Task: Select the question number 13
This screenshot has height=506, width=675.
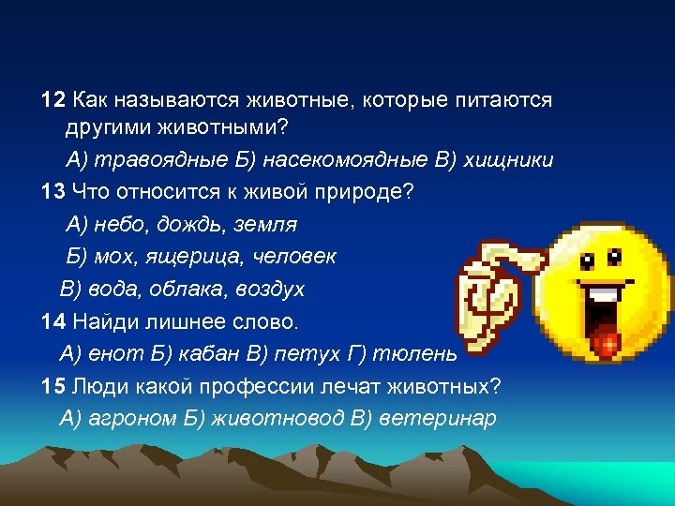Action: pyautogui.click(x=53, y=192)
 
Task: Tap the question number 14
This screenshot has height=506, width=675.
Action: pyautogui.click(x=53, y=321)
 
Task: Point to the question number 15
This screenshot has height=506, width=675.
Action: pyautogui.click(x=53, y=385)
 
